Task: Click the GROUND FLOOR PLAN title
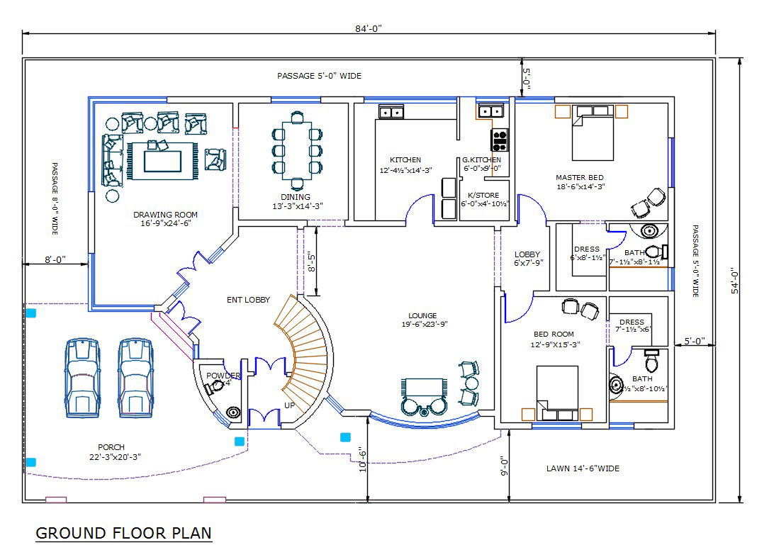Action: (123, 532)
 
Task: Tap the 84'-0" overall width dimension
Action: (368, 28)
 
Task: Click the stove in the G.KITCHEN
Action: (500, 139)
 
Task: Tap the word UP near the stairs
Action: (290, 405)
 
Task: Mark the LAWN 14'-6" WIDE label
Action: (583, 468)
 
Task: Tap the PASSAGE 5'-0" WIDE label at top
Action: (319, 76)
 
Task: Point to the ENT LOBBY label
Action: (248, 300)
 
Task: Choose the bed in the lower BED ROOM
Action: (557, 391)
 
